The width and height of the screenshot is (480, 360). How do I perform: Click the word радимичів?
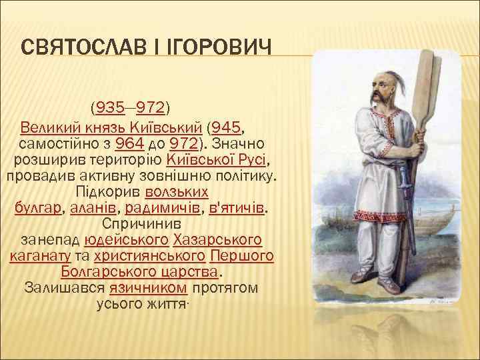163,208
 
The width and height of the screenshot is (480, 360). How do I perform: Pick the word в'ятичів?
237,208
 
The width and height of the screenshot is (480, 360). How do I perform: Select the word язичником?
159,289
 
